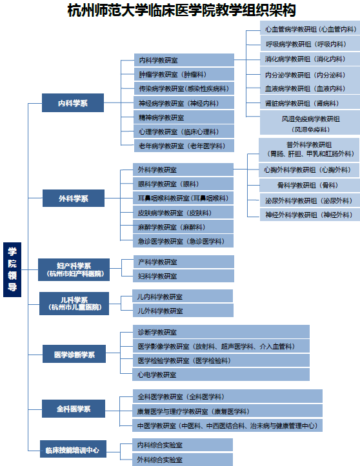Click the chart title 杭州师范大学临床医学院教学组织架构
click(x=181, y=10)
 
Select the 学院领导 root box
click(x=12, y=269)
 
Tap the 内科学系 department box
click(x=73, y=103)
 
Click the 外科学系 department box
click(x=74, y=199)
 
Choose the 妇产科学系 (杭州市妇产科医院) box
click(x=74, y=269)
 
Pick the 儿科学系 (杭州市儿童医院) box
click(x=74, y=304)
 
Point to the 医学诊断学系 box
click(x=74, y=354)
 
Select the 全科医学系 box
click(x=74, y=409)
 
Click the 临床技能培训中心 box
click(x=73, y=449)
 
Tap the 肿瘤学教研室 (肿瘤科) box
click(x=184, y=74)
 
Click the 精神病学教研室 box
click(x=184, y=117)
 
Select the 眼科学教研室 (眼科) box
click(x=183, y=184)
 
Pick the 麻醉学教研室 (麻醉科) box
click(x=183, y=227)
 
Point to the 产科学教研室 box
click(x=184, y=262)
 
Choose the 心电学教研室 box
click(x=221, y=374)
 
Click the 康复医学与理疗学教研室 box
click(x=227, y=411)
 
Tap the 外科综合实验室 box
click(x=183, y=460)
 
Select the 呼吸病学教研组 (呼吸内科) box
click(x=310, y=44)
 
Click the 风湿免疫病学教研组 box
click(x=310, y=123)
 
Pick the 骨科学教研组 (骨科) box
click(x=310, y=185)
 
